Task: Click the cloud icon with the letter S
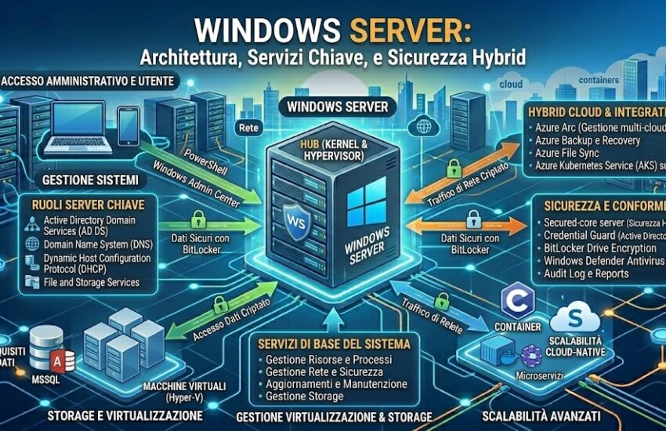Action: click(575, 320)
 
